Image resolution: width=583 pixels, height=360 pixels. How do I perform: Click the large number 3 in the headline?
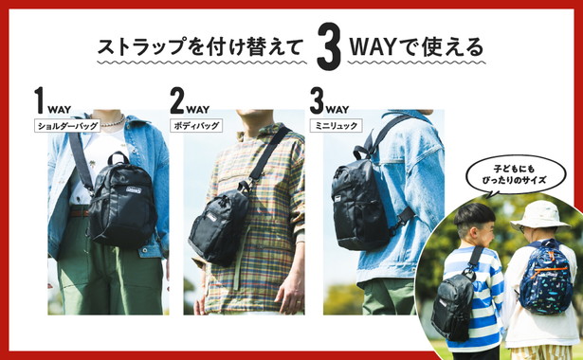click(x=329, y=46)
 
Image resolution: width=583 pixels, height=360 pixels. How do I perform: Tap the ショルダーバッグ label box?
click(x=67, y=126)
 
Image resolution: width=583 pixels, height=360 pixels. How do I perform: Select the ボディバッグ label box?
click(x=196, y=126)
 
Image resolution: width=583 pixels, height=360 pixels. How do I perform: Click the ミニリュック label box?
click(x=337, y=126)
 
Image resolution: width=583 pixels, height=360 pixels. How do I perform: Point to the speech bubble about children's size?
click(x=516, y=175)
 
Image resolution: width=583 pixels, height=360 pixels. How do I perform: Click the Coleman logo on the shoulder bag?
click(x=134, y=190)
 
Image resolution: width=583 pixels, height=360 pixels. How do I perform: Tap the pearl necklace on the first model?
click(x=112, y=122)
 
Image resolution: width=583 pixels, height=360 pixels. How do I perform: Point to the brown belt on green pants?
click(x=80, y=212)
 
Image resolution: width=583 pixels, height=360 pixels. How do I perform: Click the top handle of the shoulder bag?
click(x=118, y=157)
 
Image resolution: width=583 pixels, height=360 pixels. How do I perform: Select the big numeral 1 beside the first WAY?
click(x=40, y=99)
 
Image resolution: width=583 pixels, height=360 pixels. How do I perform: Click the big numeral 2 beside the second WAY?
click(x=177, y=99)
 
